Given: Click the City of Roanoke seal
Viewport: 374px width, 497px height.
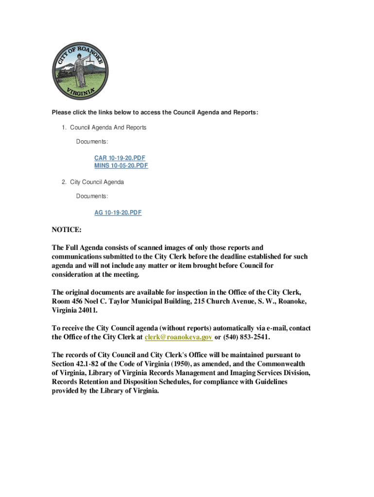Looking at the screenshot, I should (80, 71).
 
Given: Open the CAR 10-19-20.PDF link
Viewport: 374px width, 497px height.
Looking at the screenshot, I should (120, 158).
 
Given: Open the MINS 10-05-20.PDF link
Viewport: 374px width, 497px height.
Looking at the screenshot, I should (121, 166).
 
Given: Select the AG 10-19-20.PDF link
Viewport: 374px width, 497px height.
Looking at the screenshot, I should (118, 213).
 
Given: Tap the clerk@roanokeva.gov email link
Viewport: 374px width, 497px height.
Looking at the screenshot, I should (179, 337).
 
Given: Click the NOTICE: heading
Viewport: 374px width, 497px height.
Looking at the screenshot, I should (67, 229).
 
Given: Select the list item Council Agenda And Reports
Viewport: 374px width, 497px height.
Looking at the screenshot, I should (108, 128).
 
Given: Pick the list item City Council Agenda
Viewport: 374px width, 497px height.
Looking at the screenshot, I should (97, 182).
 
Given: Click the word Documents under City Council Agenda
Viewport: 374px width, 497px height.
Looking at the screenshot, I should (92, 196).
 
